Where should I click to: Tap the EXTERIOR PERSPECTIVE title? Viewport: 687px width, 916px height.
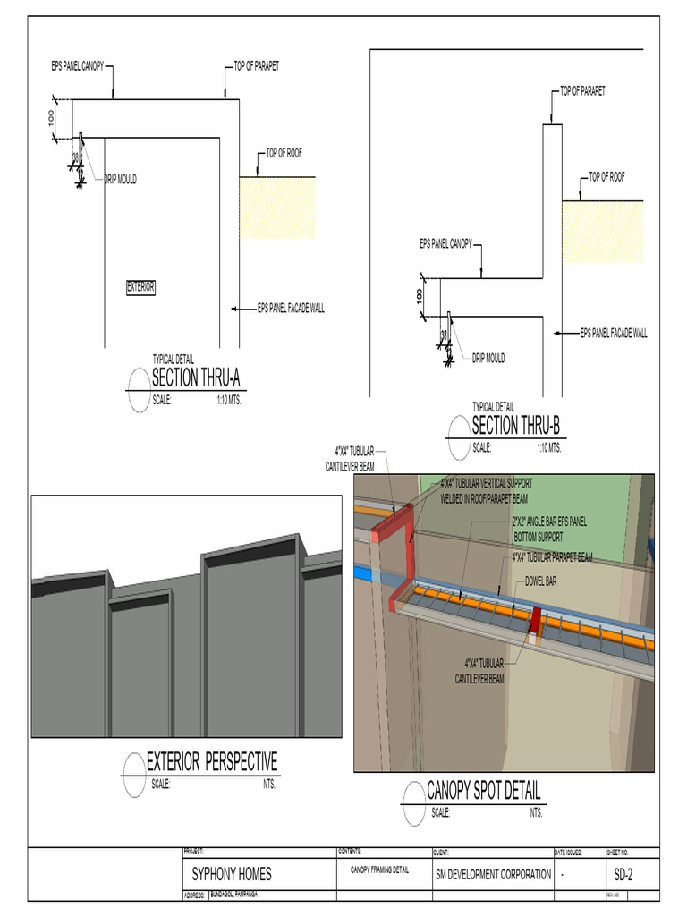coord(212,762)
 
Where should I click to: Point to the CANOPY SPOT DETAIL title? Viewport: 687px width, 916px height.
coord(483,791)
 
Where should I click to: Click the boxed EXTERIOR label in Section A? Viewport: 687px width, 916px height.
coord(140,287)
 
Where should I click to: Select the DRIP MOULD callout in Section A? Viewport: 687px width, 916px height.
coord(120,179)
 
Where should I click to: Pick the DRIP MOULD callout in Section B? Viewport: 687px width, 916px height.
coord(488,358)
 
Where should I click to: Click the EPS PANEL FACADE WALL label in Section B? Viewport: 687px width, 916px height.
coord(614,334)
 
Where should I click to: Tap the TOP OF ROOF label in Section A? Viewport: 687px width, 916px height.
coord(284,153)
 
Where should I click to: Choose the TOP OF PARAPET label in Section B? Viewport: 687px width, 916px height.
coord(582,91)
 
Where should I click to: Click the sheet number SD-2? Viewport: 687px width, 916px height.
coord(624,874)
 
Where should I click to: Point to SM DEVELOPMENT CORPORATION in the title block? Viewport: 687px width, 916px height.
coord(493,874)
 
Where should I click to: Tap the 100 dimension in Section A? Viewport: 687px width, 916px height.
coord(53,117)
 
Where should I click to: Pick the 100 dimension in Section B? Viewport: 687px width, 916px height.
coord(420,296)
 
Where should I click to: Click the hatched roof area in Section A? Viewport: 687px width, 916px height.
coord(277,208)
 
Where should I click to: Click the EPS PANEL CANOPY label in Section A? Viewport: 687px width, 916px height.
coord(78,66)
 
